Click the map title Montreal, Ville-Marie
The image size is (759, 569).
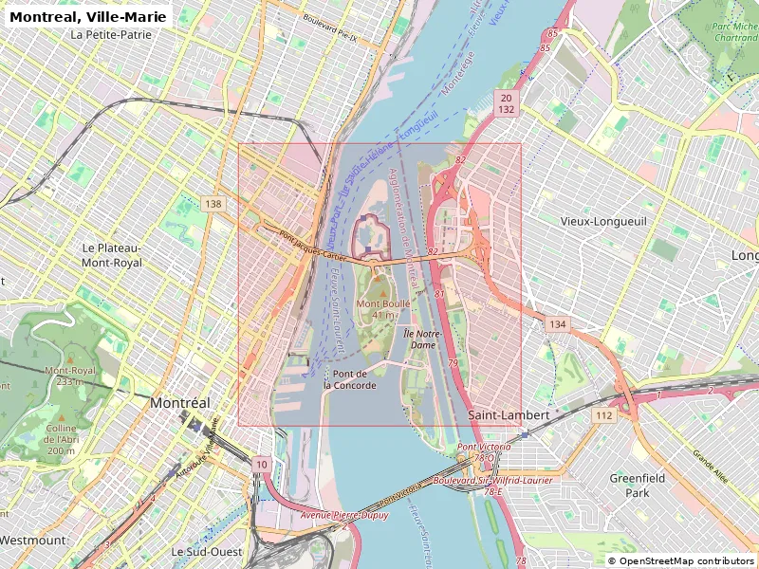pos(88,16)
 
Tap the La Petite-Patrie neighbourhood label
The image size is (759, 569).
pos(111,35)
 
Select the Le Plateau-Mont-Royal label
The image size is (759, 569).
pos(112,254)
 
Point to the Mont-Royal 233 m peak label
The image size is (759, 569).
pos(70,376)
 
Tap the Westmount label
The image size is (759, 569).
pos(32,540)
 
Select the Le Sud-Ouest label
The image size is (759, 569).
pos(206,551)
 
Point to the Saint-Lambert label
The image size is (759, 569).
pos(509,415)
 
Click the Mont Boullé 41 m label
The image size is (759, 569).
pos(383,309)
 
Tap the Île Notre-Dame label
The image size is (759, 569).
pos(420,340)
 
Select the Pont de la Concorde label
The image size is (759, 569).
pos(349,379)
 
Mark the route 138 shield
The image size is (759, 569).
pos(213,204)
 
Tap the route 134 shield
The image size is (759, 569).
pos(557,325)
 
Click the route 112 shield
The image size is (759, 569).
pos(603,415)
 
